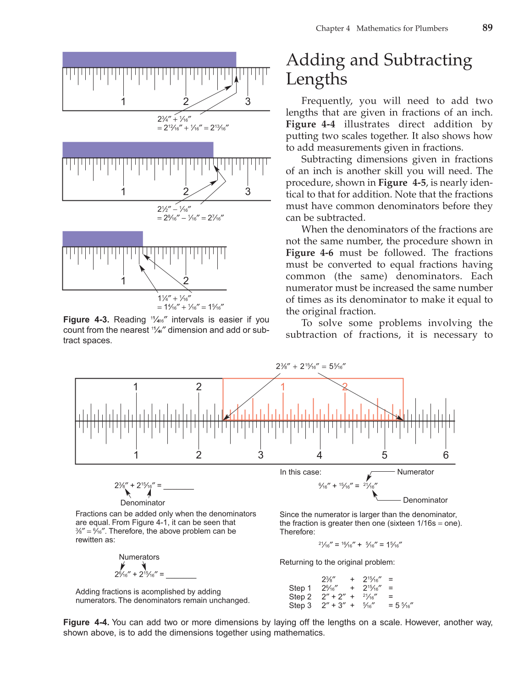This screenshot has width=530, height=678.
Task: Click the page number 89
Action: [x=487, y=28]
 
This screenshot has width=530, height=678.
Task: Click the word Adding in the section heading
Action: [x=315, y=60]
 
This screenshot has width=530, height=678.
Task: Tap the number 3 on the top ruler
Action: [x=248, y=101]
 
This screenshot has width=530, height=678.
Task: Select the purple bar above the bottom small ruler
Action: [x=103, y=238]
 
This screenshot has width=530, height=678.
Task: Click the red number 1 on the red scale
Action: [x=283, y=387]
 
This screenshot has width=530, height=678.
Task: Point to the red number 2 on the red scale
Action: [x=345, y=387]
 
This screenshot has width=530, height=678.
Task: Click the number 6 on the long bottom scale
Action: [x=446, y=455]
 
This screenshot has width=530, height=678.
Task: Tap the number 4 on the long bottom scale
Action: [x=319, y=455]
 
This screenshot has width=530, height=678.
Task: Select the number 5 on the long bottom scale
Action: [x=384, y=455]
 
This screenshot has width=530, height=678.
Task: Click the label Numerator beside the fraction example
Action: [x=415, y=472]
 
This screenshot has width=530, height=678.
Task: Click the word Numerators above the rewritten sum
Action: [x=139, y=557]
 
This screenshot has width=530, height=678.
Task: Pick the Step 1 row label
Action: [x=300, y=588]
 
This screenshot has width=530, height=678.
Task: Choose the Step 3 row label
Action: [x=300, y=606]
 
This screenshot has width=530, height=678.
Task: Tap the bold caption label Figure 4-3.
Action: [x=86, y=320]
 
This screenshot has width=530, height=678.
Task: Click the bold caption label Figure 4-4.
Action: [x=86, y=623]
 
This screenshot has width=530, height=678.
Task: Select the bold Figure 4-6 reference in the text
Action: [x=309, y=253]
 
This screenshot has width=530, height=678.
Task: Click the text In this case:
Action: [x=300, y=472]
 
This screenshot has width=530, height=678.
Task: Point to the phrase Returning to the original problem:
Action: [x=337, y=562]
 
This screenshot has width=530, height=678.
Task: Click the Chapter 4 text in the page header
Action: [x=333, y=28]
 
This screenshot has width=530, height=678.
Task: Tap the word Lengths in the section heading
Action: [x=316, y=79]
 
